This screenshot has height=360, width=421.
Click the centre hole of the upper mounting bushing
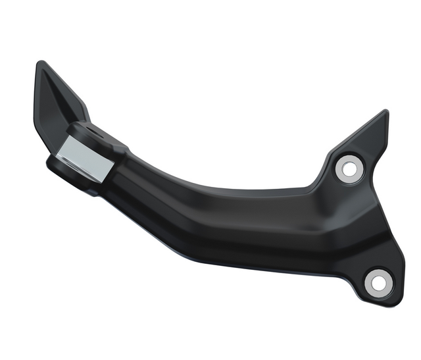pos(349,169)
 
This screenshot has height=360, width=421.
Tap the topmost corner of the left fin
pos(41,63)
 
